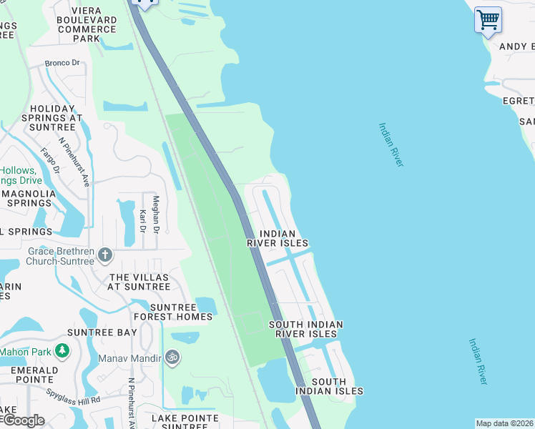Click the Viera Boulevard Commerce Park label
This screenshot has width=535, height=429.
point(87,24)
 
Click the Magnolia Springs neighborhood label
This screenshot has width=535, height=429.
point(28,198)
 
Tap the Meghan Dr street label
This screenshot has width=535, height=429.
point(156,214)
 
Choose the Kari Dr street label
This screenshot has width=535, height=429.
point(142,221)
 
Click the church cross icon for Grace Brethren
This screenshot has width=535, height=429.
point(104,255)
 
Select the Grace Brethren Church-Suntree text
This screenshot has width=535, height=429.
point(60,256)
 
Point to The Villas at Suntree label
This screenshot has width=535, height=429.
point(139,282)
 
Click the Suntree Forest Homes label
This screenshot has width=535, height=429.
point(172,312)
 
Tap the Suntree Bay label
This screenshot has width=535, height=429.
point(102,332)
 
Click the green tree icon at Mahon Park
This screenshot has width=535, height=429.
point(63,350)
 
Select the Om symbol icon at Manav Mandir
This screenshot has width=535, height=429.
point(171,356)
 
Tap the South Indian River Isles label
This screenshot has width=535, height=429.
point(305,329)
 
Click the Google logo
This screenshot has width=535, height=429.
point(23,420)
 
